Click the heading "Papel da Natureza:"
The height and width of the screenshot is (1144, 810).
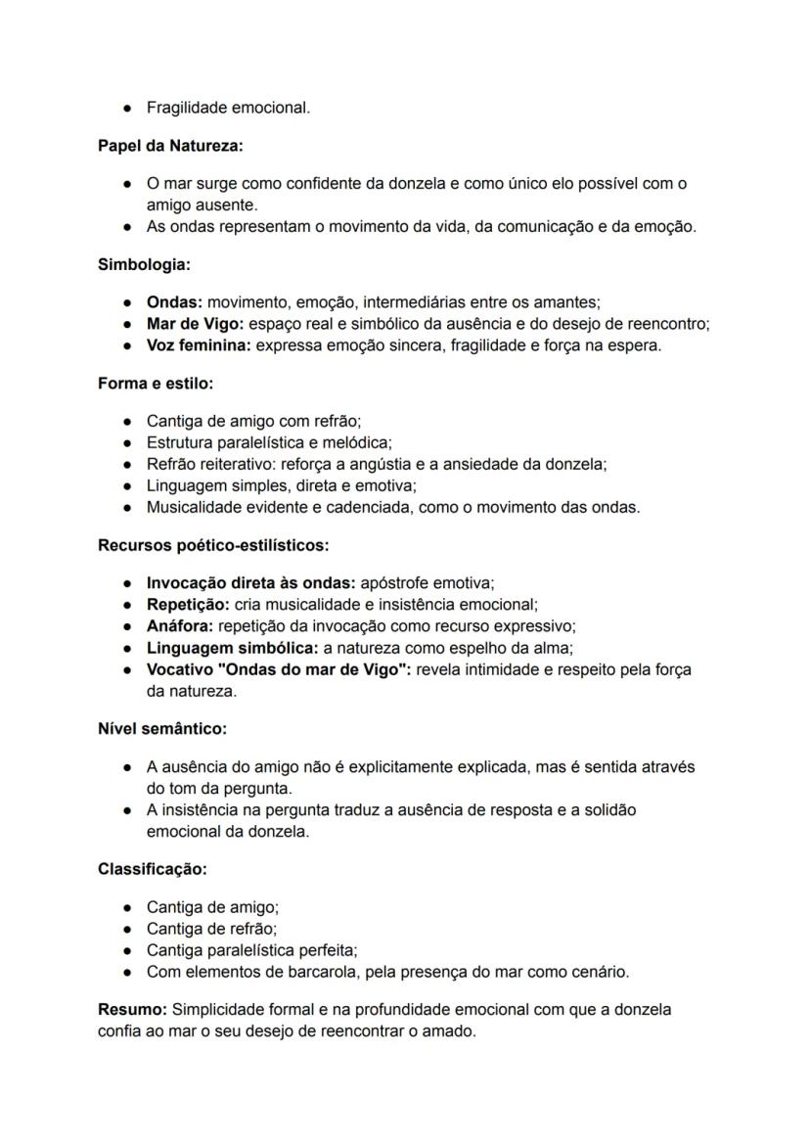point(170,146)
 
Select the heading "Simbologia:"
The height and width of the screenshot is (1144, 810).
point(144,264)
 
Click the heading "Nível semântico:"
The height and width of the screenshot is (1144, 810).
point(162,729)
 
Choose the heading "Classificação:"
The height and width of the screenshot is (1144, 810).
point(153,869)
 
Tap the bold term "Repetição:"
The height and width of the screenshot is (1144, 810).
point(188,605)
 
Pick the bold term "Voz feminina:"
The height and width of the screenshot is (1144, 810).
point(199,345)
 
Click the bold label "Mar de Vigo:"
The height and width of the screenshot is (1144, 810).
point(195,324)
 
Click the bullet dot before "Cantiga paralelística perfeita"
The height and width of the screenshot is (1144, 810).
point(128,951)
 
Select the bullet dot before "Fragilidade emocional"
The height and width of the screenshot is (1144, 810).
point(128,108)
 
